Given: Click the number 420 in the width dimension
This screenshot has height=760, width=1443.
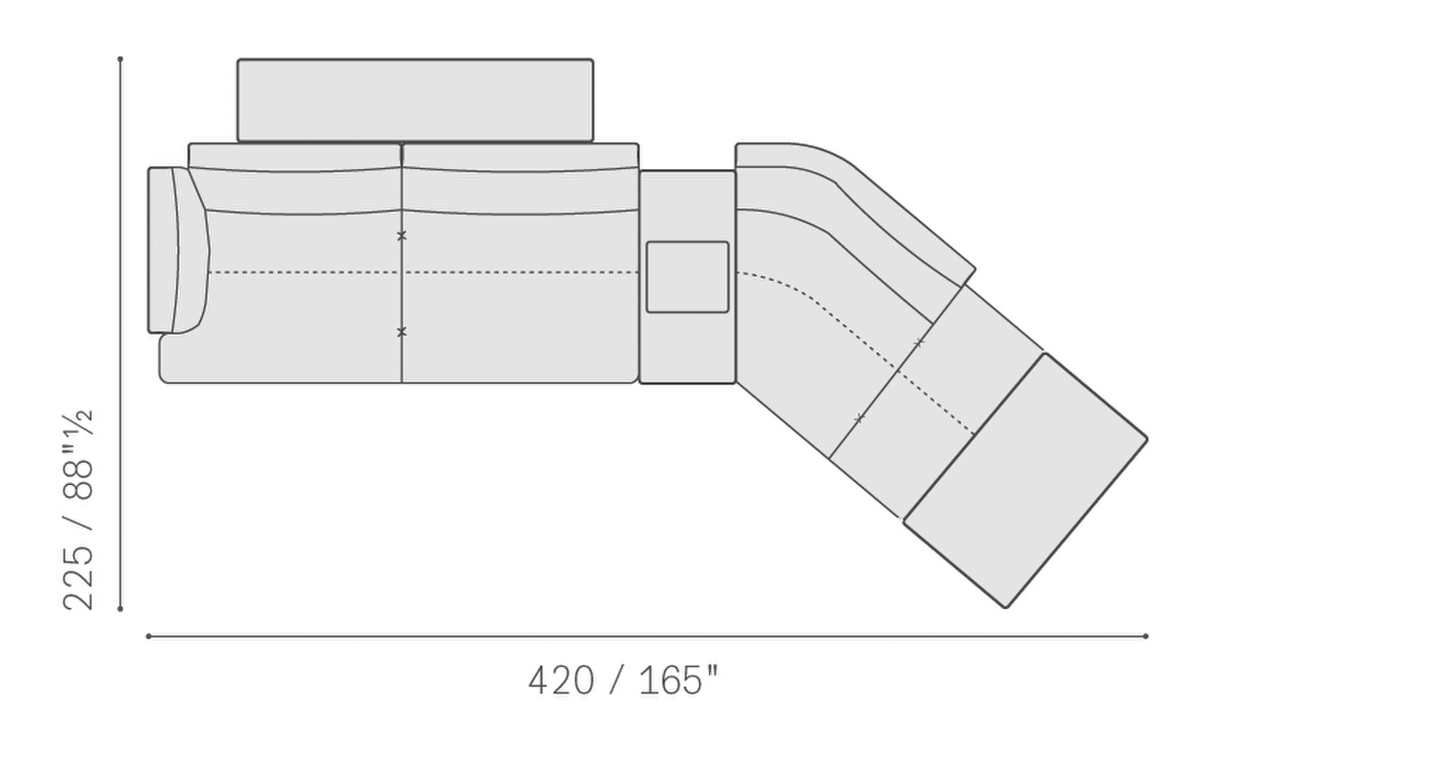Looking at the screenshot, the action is (x=561, y=681).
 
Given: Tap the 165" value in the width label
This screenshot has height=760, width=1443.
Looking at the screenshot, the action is (x=678, y=681).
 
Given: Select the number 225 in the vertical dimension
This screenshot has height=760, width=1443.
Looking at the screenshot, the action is (x=78, y=577).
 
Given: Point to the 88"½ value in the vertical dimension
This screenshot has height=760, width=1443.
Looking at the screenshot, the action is (x=78, y=455).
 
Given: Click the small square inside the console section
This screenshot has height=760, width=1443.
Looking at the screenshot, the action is (x=688, y=277).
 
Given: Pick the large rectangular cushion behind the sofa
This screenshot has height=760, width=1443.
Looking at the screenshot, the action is (x=416, y=100).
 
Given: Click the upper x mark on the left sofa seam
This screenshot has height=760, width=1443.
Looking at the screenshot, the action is (x=402, y=237).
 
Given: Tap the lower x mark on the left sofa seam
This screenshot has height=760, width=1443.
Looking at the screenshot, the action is (x=402, y=332).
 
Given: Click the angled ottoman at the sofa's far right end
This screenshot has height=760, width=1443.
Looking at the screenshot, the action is (x=1025, y=480).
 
